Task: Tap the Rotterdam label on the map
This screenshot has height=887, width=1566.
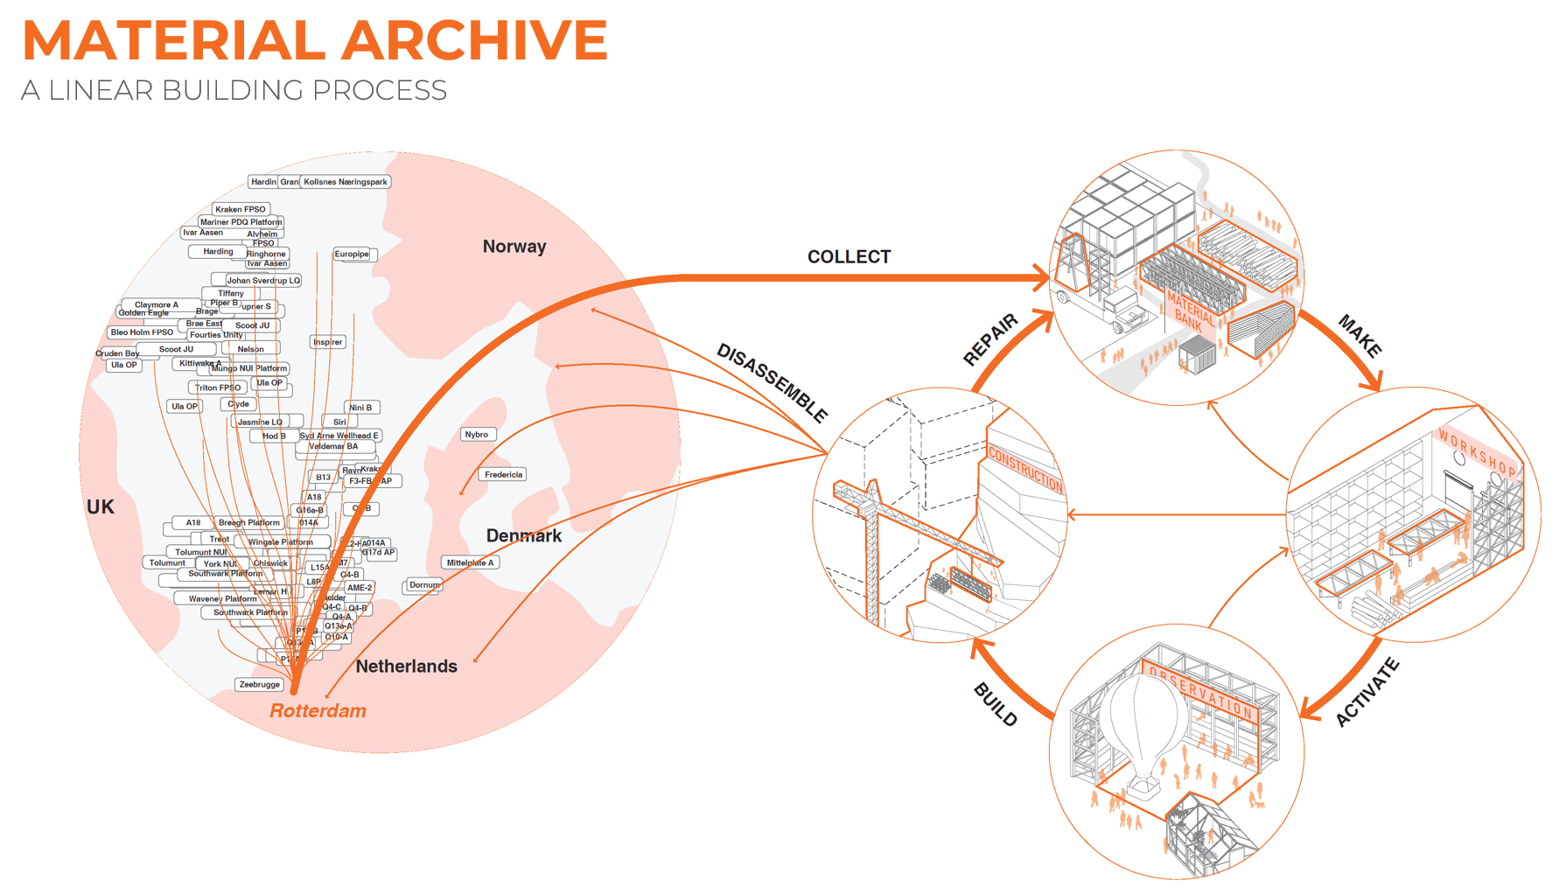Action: [318, 710]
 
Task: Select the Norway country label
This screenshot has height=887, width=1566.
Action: [514, 247]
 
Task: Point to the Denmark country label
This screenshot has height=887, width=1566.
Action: [524, 535]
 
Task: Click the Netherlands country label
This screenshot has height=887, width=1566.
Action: [406, 667]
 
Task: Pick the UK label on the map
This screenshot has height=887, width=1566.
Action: [101, 506]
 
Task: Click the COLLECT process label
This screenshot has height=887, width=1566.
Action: [849, 256]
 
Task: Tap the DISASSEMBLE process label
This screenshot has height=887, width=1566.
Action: [772, 382]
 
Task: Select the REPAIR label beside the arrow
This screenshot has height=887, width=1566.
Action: [991, 339]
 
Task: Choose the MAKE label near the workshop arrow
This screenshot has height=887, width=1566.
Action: [1360, 336]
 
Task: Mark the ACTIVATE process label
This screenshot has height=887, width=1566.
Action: [1367, 692]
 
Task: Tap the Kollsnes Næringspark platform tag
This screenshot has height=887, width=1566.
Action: [346, 182]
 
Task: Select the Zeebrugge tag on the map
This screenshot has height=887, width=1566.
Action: [260, 684]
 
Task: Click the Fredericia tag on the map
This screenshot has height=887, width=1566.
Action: [503, 475]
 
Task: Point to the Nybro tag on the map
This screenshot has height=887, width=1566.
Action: [477, 435]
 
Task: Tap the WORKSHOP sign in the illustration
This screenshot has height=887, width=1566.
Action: [1478, 453]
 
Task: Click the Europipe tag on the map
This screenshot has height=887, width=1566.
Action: [352, 255]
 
